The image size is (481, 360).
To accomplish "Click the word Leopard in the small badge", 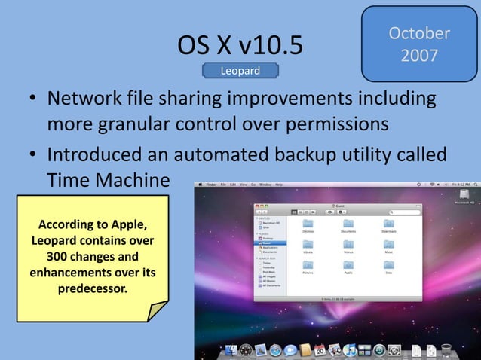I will pos(240,71).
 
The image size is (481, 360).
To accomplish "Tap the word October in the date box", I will pos(419,34).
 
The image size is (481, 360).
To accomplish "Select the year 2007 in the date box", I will pos(419,56).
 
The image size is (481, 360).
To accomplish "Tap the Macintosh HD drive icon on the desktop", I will pos(461,194).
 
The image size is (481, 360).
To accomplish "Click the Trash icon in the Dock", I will pos(446,350).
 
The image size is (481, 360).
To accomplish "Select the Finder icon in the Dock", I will pos(231,351).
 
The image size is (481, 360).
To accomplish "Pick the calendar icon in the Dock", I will pos(320,351).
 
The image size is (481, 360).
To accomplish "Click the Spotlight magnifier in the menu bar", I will pos(475,185).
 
